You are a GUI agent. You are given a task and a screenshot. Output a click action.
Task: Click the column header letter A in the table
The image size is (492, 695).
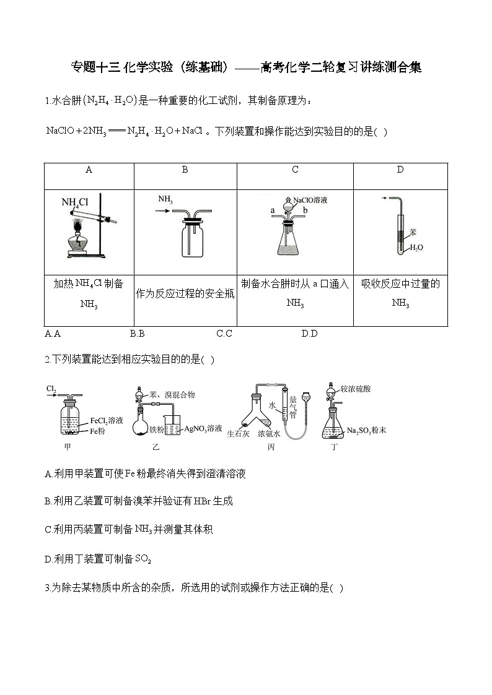[89, 170]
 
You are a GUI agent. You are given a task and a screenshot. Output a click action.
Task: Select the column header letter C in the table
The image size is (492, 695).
[295, 170]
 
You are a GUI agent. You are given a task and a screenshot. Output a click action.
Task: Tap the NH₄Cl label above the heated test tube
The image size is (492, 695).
[76, 202]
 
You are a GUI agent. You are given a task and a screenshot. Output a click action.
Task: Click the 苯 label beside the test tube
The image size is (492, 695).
[413, 232]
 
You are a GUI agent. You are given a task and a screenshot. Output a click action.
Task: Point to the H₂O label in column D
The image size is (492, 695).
[416, 248]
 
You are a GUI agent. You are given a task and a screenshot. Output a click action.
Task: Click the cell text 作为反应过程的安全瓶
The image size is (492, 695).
[185, 295]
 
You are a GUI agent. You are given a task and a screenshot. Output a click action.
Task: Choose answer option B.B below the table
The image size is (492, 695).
[137, 334]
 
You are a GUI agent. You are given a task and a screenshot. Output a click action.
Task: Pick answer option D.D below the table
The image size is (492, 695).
[309, 334]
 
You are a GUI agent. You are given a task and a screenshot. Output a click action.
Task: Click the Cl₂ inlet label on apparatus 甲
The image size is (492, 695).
[51, 389]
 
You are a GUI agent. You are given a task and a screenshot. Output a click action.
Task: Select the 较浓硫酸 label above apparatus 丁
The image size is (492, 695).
[364, 389]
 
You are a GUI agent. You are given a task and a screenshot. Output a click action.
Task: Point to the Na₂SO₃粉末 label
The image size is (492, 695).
[367, 430]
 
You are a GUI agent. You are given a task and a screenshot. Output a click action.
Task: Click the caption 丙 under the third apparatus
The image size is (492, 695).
[271, 447]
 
